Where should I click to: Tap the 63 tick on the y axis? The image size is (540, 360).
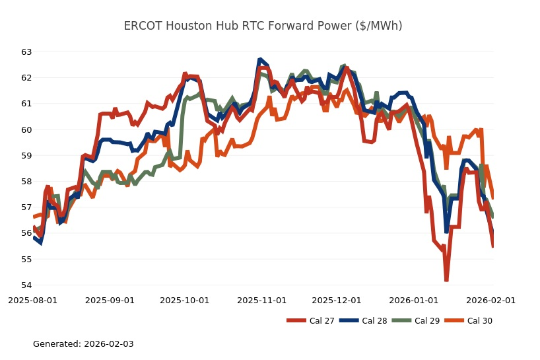[26, 52]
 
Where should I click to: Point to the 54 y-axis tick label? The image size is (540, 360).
[26, 285]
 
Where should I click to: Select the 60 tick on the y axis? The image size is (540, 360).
[26, 129]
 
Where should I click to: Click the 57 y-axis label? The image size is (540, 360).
[26, 207]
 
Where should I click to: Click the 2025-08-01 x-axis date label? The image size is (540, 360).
[32, 300]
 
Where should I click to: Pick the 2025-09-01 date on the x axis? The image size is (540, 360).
[110, 300]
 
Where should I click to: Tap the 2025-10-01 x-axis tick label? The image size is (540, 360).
[185, 300]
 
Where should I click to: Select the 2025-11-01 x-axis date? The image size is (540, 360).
[262, 300]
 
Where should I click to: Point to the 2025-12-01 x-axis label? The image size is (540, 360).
[337, 300]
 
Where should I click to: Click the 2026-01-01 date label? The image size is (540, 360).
[414, 300]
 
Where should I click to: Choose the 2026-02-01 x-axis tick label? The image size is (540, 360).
[491, 300]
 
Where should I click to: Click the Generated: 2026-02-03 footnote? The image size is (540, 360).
[83, 344]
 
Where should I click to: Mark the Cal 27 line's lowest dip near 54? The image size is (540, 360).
[446, 280]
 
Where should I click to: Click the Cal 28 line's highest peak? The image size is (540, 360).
[260, 59]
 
